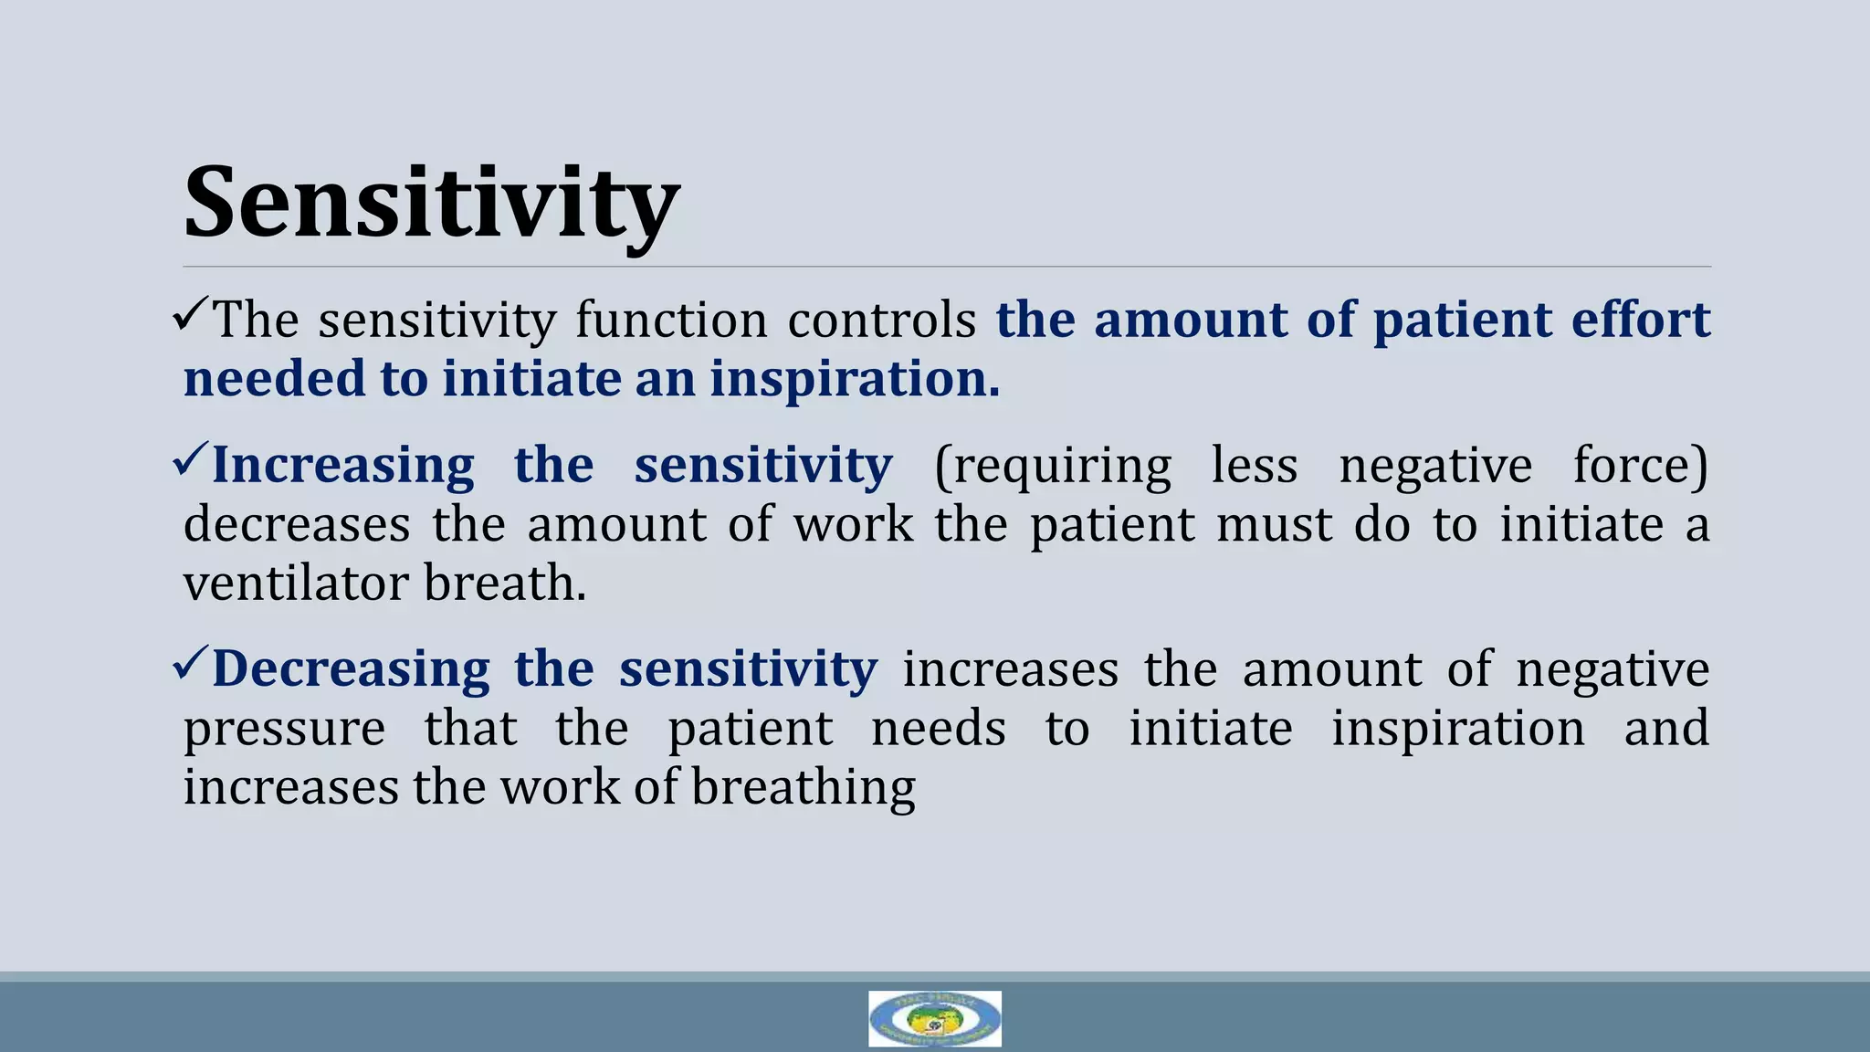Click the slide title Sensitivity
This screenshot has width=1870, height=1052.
(431, 203)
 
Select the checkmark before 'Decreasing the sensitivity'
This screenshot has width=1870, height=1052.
(190, 664)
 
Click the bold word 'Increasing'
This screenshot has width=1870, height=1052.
(343, 466)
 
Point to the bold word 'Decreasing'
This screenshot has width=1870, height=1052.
(351, 669)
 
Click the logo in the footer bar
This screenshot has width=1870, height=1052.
(934, 1018)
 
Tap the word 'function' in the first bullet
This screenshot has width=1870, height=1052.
(671, 321)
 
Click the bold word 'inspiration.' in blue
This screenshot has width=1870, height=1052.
(855, 380)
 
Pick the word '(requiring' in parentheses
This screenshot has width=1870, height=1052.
(1052, 466)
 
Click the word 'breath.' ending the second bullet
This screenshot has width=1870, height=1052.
(505, 584)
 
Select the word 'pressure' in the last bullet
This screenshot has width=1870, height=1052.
(284, 729)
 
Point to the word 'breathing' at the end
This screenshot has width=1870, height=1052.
(803, 787)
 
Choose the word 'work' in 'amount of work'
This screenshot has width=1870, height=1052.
(853, 525)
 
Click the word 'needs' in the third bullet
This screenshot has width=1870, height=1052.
(938, 729)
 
